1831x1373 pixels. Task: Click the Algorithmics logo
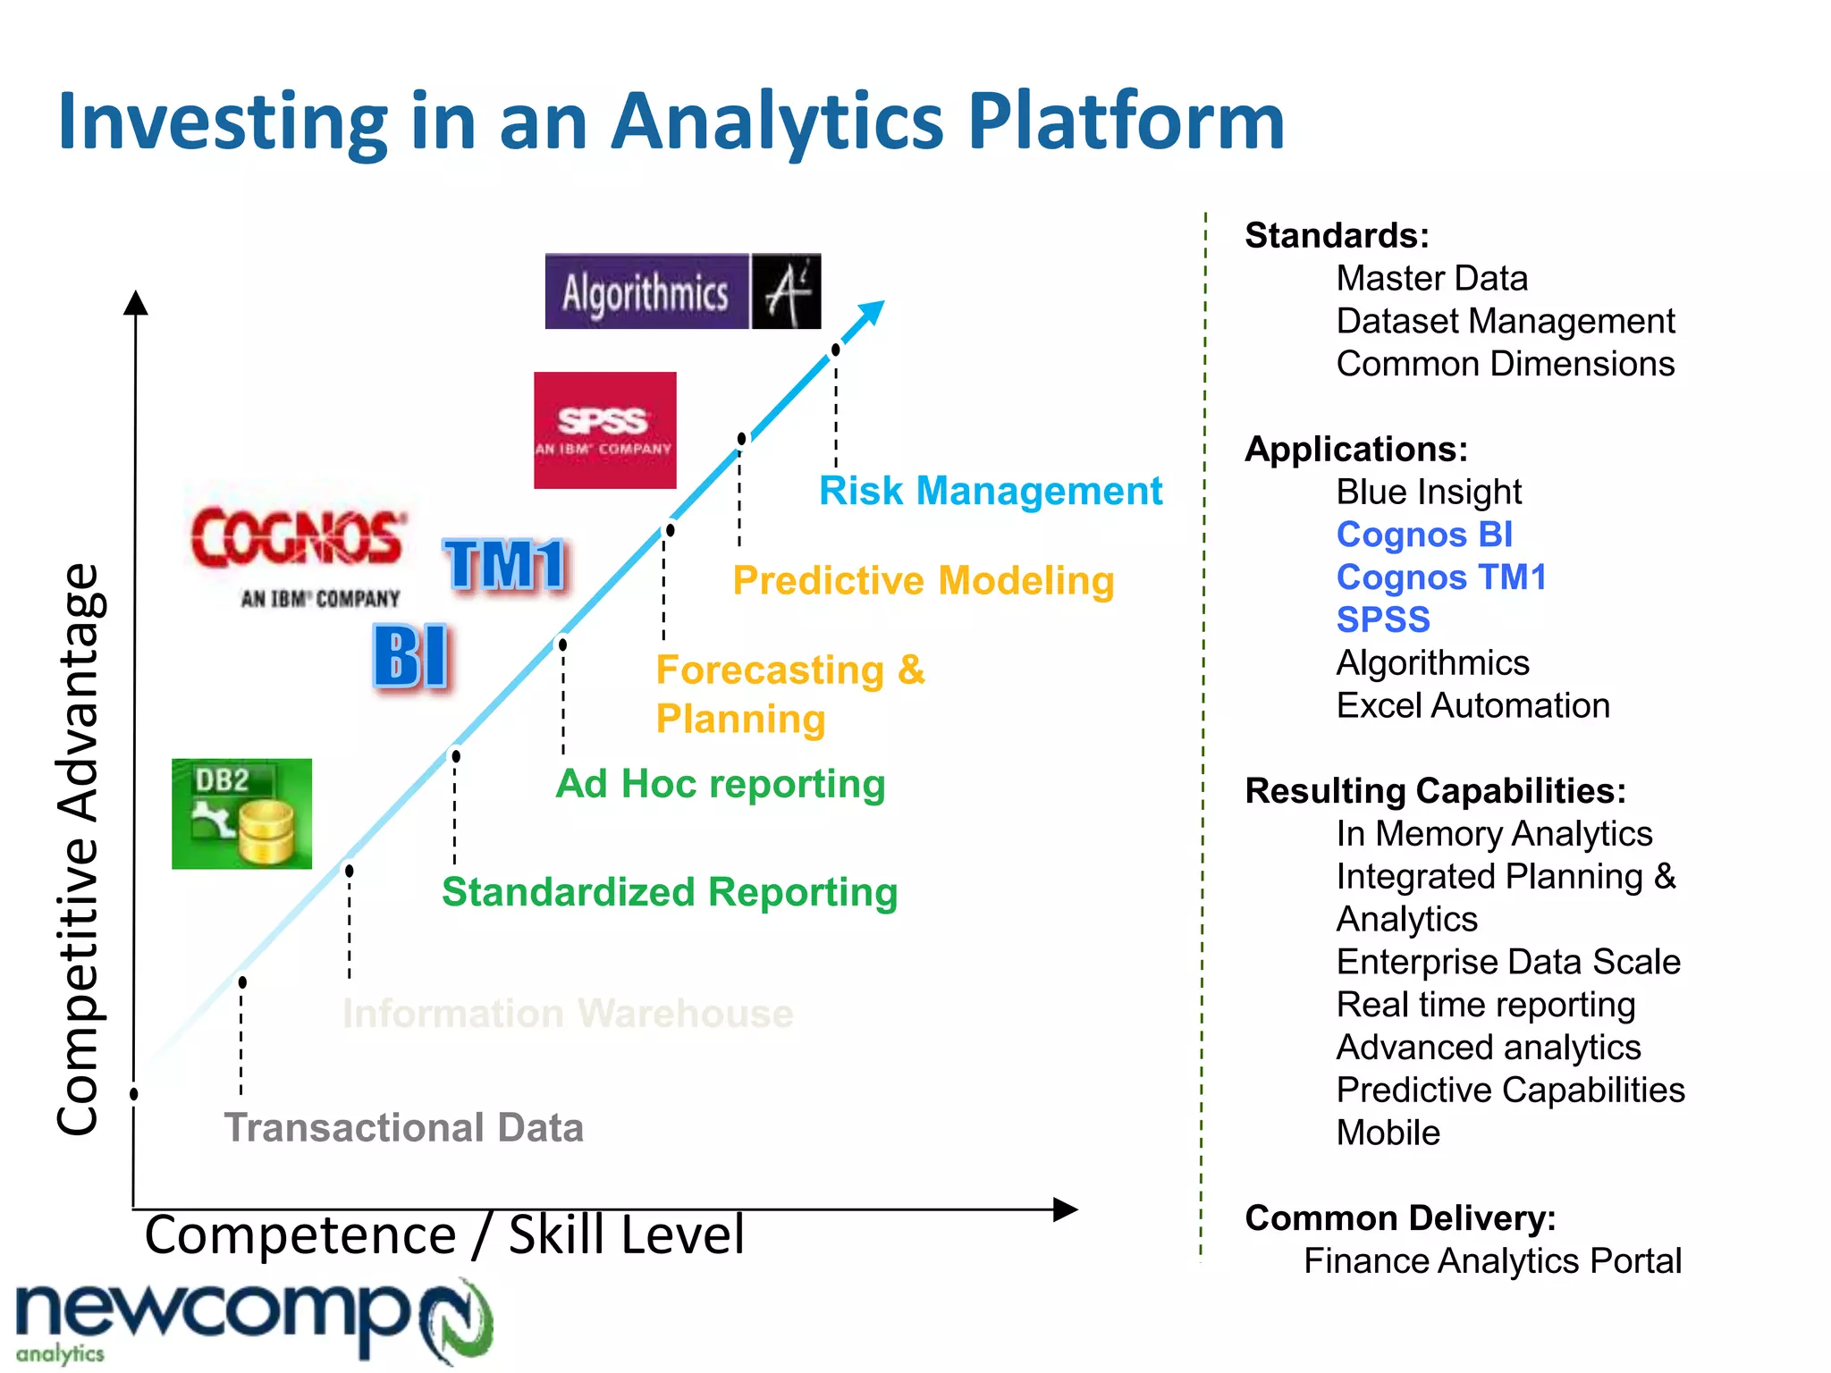682,291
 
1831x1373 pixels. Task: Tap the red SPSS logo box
604,430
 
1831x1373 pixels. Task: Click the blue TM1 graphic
505,565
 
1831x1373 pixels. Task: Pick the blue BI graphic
411,658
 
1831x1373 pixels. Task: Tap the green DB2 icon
241,813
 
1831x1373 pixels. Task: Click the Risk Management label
990,491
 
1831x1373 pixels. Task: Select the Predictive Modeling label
923,580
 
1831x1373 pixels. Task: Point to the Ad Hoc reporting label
720,784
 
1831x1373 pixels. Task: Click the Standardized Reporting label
670,892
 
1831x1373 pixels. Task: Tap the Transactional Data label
403,1127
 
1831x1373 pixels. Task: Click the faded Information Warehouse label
568,1014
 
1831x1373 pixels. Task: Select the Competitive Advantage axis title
79,849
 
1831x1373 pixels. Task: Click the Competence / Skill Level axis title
444,1235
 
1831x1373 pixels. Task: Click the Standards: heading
1337,236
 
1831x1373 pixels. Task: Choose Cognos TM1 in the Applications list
1440,577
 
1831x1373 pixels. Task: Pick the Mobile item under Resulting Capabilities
1388,1133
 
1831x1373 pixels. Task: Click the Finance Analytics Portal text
1491,1261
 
